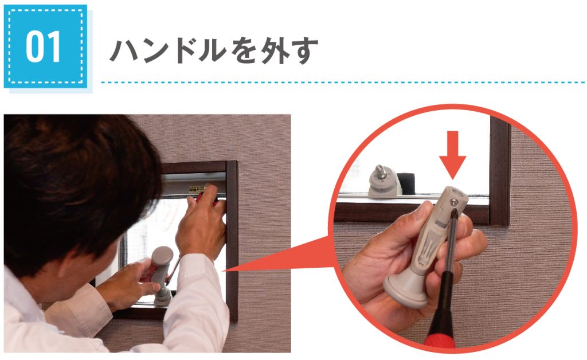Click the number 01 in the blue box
pyautogui.click(x=43, y=47)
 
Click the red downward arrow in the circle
pyautogui.click(x=453, y=155)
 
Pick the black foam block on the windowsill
pyautogui.click(x=407, y=183)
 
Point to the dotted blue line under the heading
pyautogui.click(x=343, y=82)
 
